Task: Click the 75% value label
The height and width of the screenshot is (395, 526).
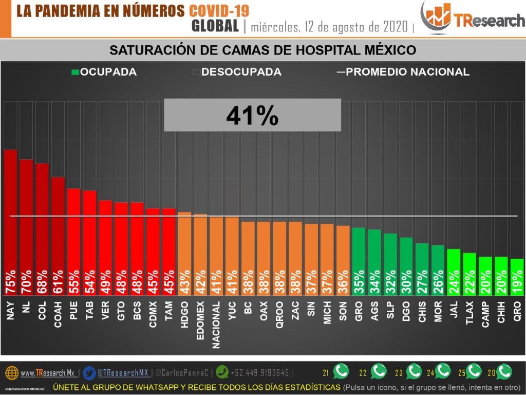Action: (x=11, y=282)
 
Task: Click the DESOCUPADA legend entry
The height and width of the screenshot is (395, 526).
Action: (x=237, y=72)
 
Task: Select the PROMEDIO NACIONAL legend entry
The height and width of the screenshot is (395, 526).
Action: (x=404, y=72)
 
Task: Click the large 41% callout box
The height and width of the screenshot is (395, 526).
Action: (x=252, y=115)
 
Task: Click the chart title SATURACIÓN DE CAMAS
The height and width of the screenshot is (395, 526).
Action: (x=262, y=50)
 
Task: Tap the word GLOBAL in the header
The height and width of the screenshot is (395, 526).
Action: (x=215, y=26)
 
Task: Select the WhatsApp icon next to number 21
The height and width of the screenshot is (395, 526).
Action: (x=341, y=371)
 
